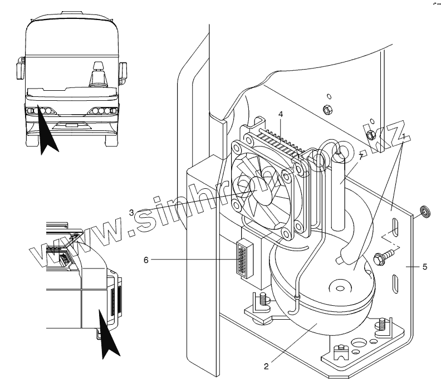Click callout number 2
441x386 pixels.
point(266,366)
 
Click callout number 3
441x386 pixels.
point(131,212)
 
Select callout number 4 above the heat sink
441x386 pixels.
point(281,114)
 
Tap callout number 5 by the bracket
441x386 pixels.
point(425,267)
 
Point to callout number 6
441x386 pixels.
point(146,259)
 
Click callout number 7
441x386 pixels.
point(361,158)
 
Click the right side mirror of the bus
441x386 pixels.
point(124,71)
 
